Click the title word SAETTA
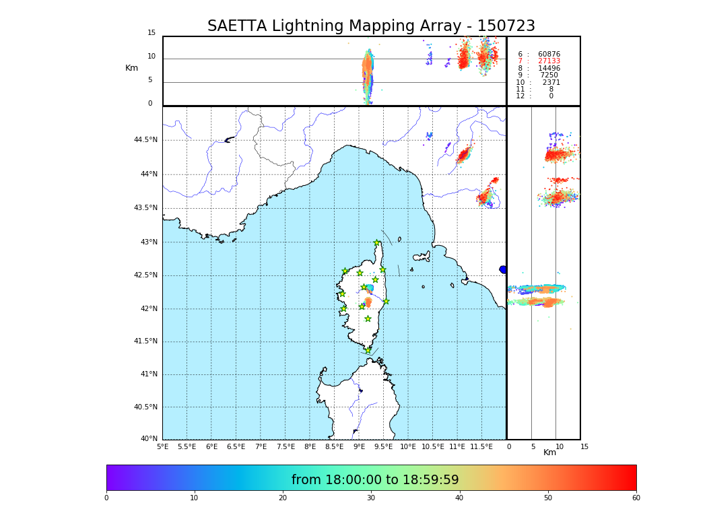[236, 26]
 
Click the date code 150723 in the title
[506, 26]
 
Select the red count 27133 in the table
[549, 61]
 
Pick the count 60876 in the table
[549, 55]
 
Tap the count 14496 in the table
[549, 69]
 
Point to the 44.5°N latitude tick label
[145, 140]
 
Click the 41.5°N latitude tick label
[145, 341]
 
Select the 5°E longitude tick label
[163, 447]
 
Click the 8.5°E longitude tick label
[334, 447]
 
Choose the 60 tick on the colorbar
[636, 498]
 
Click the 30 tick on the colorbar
[371, 498]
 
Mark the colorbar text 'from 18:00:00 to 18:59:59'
[375, 480]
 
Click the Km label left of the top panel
[132, 68]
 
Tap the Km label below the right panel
[550, 452]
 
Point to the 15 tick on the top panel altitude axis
[151, 33]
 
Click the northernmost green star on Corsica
[377, 243]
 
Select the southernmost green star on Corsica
[368, 350]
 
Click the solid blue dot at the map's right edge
[503, 269]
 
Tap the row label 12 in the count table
[520, 96]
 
